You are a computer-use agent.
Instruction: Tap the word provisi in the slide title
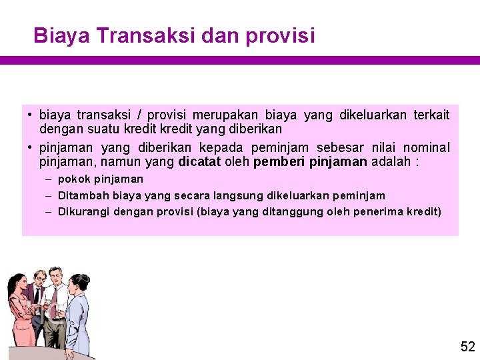point(280,36)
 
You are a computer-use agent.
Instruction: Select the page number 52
point(467,347)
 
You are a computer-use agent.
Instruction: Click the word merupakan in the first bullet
point(228,115)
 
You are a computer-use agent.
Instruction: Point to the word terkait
point(431,115)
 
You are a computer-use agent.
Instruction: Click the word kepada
point(222,147)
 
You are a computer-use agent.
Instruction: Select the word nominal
point(427,147)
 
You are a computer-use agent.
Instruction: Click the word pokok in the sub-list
point(74,179)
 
